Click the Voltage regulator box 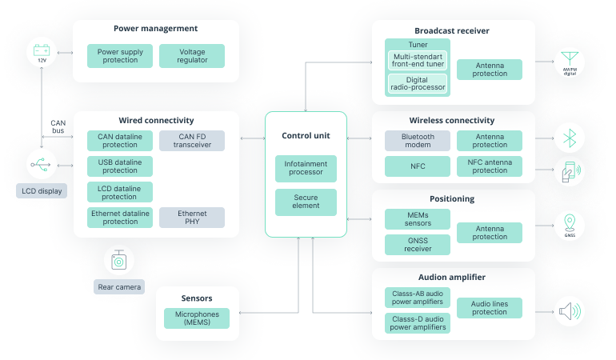192,56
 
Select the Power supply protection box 120,56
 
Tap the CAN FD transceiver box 192,141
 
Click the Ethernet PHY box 192,218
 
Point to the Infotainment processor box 306,168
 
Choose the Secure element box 306,202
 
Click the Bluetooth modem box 418,141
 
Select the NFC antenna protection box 490,166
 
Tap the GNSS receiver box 418,245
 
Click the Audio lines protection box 490,307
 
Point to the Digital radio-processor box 418,83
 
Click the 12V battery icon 42,54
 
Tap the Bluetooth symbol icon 570,138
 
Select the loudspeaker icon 569,310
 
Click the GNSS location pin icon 569,223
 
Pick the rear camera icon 118,261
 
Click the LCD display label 42,192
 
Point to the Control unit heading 306,136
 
